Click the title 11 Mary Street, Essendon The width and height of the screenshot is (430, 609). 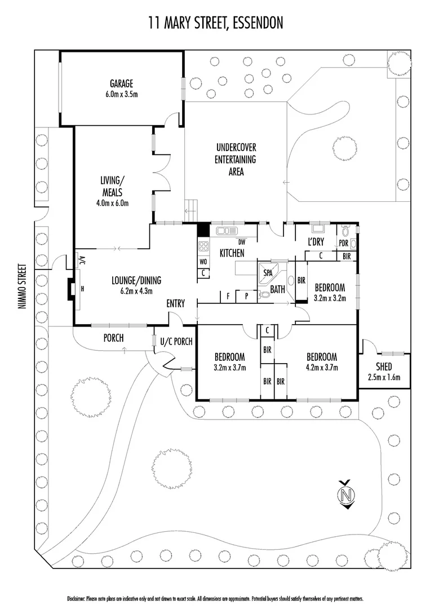[215, 23]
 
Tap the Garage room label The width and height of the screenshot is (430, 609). [122, 85]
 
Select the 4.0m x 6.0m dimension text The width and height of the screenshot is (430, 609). [112, 202]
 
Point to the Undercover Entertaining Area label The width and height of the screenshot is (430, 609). [236, 160]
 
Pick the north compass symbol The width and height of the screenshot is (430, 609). [348, 495]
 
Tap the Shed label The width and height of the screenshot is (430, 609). [384, 367]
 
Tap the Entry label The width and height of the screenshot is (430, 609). [175, 303]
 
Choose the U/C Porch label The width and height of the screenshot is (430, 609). [176, 341]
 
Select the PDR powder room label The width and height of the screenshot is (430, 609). [343, 244]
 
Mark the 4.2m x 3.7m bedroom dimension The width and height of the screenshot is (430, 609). [321, 367]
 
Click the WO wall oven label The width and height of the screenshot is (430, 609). [203, 262]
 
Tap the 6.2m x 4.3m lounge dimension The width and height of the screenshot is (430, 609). [136, 291]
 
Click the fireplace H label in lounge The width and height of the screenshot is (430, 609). [82, 288]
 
